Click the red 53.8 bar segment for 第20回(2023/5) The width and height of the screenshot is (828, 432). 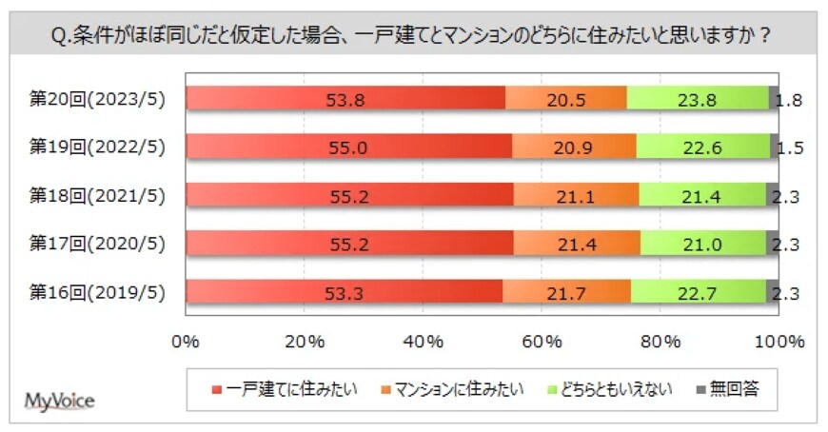pos(345,97)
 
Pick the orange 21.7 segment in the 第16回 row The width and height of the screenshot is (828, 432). pos(566,291)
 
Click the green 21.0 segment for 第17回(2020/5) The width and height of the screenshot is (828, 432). pos(702,243)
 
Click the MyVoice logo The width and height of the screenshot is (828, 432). pos(59,400)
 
